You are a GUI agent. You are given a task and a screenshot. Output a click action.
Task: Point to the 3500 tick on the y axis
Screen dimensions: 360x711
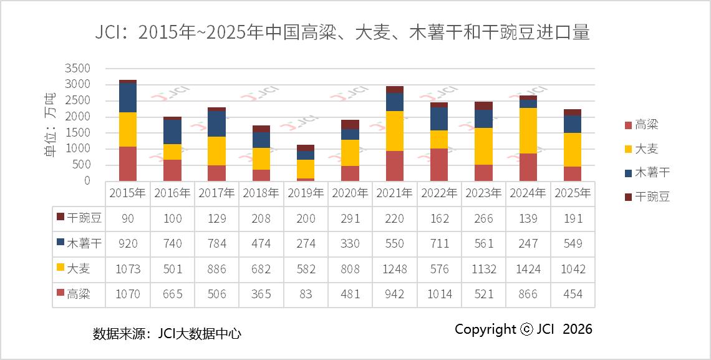click(78, 68)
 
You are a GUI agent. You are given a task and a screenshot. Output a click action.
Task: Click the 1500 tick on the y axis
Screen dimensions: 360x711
click(78, 133)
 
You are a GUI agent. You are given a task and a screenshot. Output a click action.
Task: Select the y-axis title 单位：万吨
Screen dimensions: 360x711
click(51, 125)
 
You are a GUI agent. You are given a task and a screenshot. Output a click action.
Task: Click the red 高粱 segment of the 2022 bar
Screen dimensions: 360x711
click(439, 165)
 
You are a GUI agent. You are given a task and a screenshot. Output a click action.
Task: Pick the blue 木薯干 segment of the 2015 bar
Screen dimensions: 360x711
click(128, 98)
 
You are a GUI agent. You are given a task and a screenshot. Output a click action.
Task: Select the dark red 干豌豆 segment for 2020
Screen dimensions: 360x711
click(350, 124)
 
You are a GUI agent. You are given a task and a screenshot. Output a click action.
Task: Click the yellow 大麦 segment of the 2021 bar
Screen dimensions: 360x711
click(395, 131)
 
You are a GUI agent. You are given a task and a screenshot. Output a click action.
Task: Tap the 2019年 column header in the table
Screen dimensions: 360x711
click(306, 193)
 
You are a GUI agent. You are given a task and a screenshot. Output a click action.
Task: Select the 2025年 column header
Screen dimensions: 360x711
click(573, 193)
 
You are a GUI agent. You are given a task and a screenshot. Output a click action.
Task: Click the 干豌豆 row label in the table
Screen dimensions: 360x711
click(79, 218)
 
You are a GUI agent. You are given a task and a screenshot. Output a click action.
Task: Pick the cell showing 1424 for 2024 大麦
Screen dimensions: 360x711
click(528, 269)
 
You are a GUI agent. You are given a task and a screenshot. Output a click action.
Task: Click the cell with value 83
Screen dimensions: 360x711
click(306, 294)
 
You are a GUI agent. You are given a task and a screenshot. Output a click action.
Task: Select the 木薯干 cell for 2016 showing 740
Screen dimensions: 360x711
click(172, 243)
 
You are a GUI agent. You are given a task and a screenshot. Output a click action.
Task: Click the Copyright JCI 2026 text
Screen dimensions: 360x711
click(523, 329)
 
